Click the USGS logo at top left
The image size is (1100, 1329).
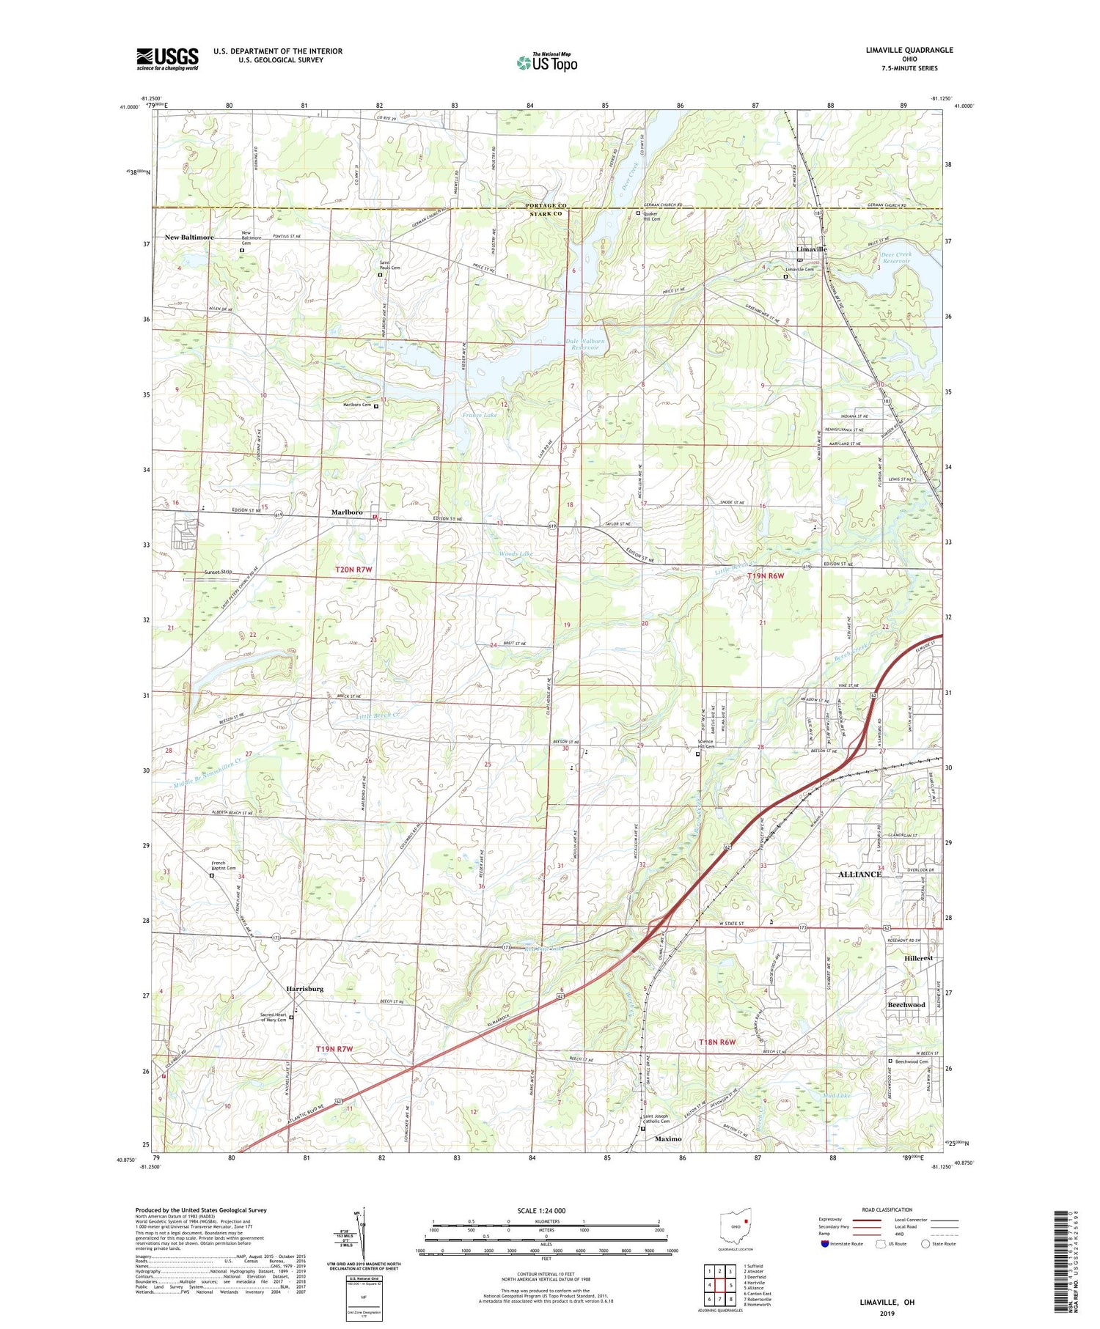[167, 59]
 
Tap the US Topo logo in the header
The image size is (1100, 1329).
[546, 63]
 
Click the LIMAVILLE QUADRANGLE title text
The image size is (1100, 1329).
[909, 51]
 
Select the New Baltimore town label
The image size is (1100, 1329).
[189, 238]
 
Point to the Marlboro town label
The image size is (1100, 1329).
[347, 512]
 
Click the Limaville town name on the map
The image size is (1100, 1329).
[812, 249]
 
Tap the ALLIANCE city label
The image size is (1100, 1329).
[859, 875]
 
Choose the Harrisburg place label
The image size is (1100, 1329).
[305, 989]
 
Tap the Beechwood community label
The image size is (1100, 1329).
[906, 1005]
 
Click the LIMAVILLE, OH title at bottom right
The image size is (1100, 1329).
[887, 1303]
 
